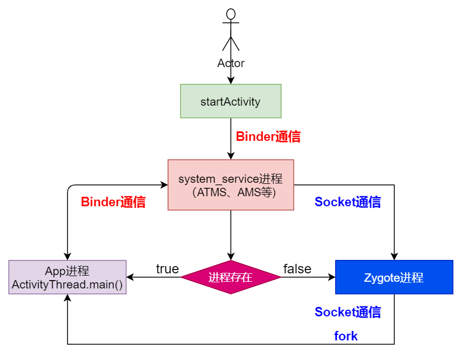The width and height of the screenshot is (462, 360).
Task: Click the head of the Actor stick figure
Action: click(231, 14)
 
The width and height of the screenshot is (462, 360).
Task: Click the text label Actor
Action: click(231, 63)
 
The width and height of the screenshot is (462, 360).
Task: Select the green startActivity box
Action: click(231, 101)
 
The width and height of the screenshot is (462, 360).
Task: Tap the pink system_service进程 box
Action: click(231, 185)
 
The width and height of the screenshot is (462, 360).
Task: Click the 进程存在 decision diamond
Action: click(231, 277)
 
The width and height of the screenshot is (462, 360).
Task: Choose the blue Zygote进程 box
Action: click(394, 277)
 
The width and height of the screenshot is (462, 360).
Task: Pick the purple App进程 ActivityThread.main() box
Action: click(67, 277)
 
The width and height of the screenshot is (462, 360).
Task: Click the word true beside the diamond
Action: click(167, 269)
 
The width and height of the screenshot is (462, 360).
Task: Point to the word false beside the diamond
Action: click(297, 269)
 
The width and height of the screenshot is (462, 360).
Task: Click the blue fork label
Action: click(346, 336)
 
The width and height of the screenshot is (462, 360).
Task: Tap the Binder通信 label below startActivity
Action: click(268, 136)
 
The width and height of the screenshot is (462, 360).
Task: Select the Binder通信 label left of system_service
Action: click(113, 202)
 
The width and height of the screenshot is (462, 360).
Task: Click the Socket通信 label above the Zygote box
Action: click(347, 202)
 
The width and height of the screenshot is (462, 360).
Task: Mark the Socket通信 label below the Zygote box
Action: click(347, 312)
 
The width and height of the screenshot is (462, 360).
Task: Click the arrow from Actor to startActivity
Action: click(231, 77)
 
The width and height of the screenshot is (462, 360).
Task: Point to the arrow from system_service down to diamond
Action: click(231, 235)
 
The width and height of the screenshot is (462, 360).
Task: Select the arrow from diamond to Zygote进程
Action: click(307, 277)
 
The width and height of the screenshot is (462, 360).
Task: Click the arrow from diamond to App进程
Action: click(154, 277)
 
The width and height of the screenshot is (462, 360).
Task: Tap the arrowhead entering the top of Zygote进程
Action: click(394, 257)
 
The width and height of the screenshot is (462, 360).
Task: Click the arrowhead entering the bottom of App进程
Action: click(67, 298)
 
